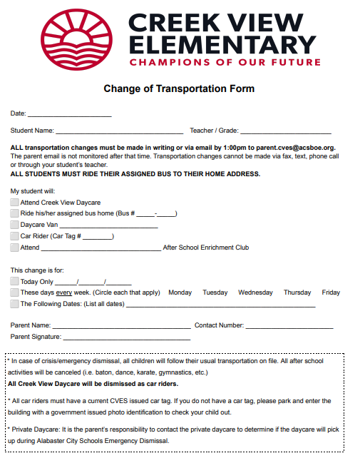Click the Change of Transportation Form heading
[x=179, y=89]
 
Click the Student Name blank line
[x=120, y=131]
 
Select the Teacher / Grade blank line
[x=286, y=131]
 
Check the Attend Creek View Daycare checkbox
[x=14, y=203]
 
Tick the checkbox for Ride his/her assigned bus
[x=14, y=213]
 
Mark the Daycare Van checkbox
[x=14, y=225]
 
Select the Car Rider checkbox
[x=14, y=236]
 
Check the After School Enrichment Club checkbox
[x=14, y=248]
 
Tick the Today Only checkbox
[x=14, y=282]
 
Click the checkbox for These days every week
[x=14, y=292]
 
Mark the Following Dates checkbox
[x=14, y=304]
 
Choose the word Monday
[x=180, y=292]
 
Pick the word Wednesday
[x=255, y=292]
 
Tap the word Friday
[x=331, y=292]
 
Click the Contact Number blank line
[x=289, y=326]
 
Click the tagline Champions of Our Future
[x=222, y=62]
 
